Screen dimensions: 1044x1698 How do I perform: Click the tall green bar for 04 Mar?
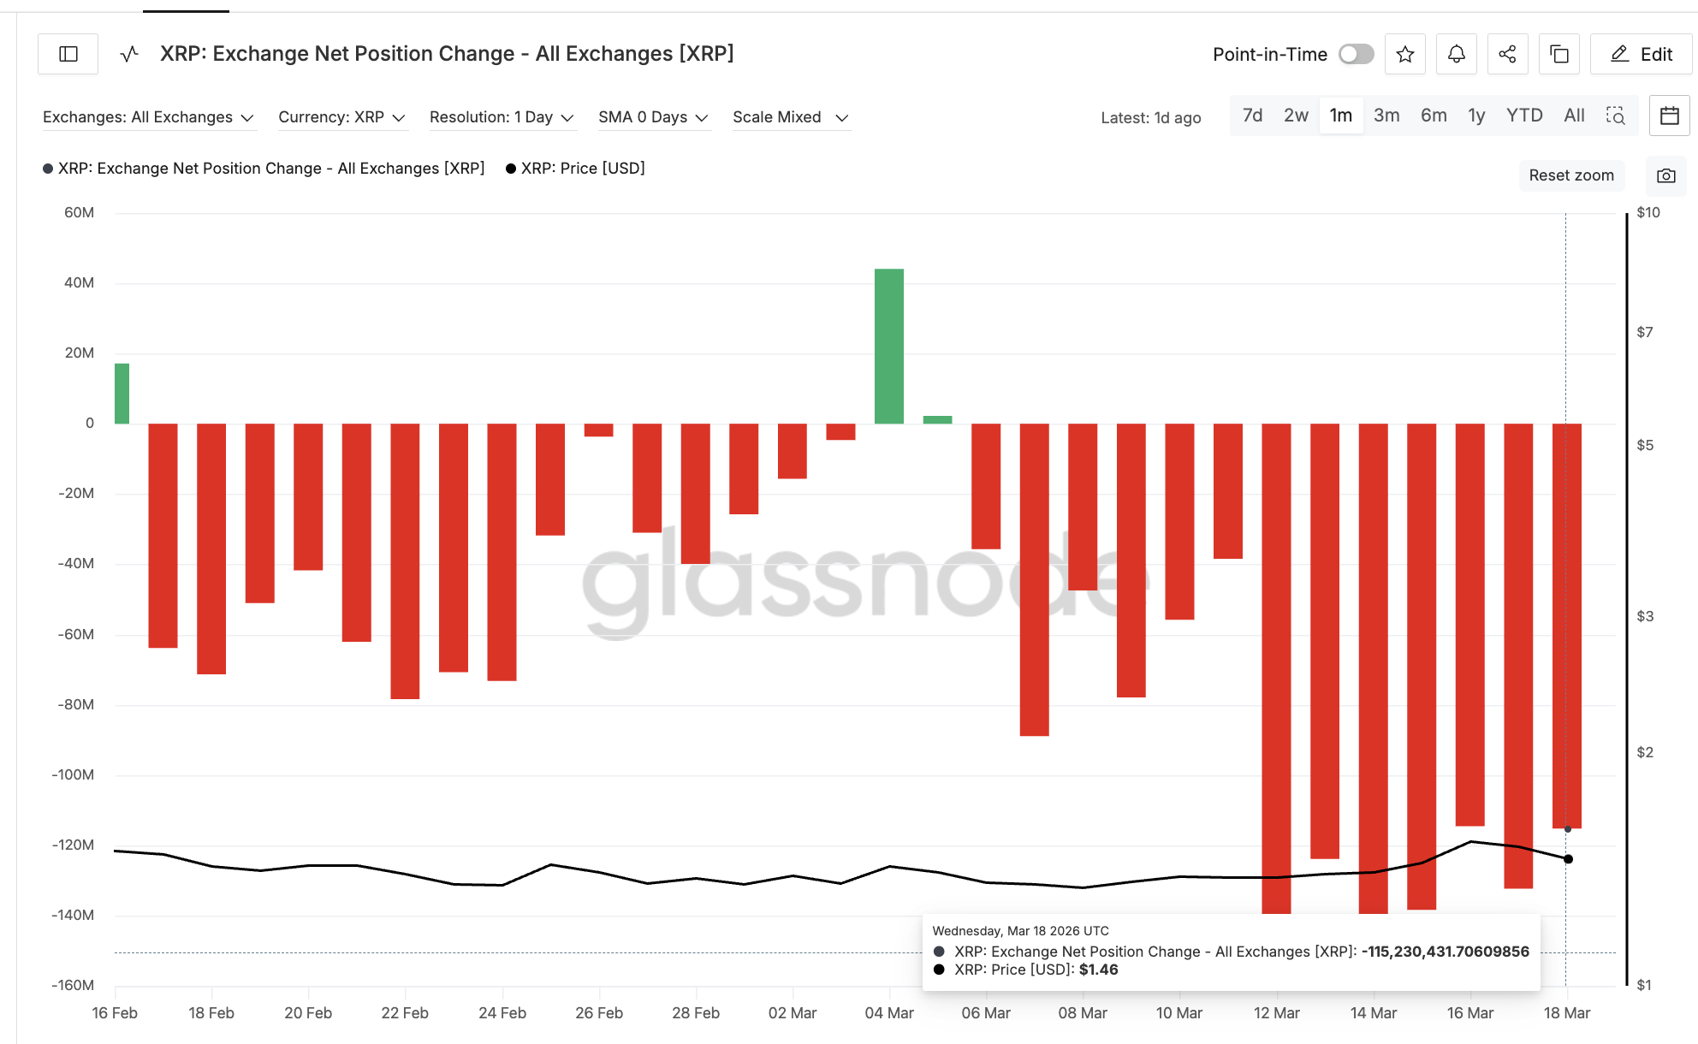(888, 346)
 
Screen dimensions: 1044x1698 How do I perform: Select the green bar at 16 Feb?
(122, 394)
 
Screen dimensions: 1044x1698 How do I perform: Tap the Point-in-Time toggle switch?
(1357, 54)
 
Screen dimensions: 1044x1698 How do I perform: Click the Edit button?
(1641, 54)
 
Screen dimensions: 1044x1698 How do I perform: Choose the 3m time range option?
(1386, 116)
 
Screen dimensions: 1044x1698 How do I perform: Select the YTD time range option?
(1523, 116)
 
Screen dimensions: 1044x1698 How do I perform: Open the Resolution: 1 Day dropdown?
(502, 117)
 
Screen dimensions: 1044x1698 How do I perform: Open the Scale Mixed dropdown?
(789, 117)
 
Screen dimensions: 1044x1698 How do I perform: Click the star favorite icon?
(1404, 54)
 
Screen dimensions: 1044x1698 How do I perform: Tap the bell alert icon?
(1456, 54)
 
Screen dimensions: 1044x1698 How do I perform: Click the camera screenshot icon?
(1665, 175)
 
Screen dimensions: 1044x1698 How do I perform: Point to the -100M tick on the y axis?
(74, 774)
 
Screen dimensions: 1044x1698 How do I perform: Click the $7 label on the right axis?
(1644, 332)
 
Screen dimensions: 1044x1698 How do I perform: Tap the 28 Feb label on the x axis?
(695, 1013)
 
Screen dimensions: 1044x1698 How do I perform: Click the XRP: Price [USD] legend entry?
(582, 169)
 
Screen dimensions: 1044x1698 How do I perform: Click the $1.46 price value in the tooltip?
(1098, 970)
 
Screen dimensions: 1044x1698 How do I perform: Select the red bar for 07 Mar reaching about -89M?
(1034, 579)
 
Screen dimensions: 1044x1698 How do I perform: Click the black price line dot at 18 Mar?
(1568, 858)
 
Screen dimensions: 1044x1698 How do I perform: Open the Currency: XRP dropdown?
(341, 117)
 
